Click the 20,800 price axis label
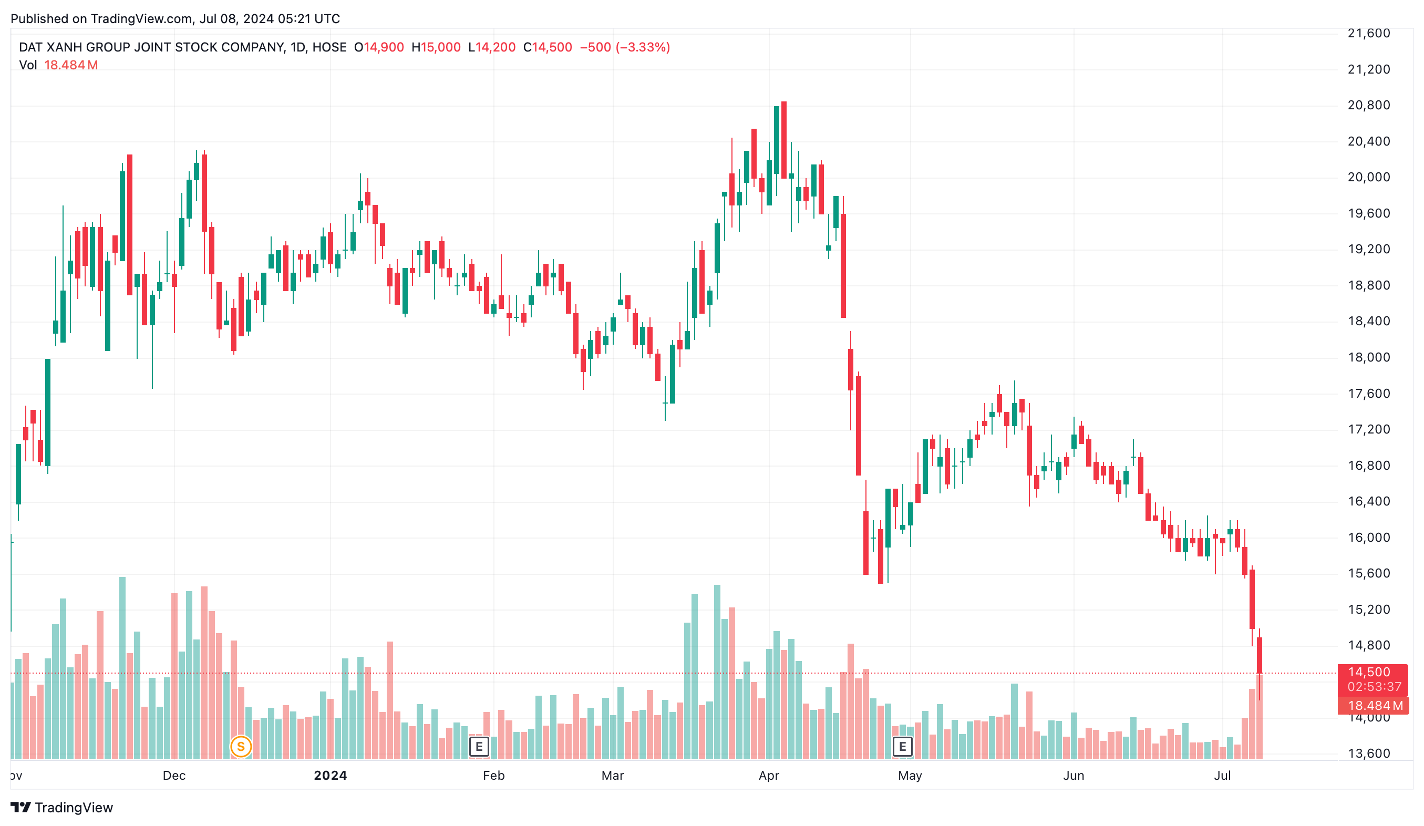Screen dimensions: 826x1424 (x=1369, y=105)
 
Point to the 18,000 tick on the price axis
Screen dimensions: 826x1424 (x=1369, y=357)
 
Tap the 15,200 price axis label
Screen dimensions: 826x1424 (x=1369, y=609)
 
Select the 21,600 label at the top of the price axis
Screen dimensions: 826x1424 (x=1369, y=33)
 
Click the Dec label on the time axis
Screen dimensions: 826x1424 (x=174, y=775)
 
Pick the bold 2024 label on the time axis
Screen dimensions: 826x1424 (x=331, y=775)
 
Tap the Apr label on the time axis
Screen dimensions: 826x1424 (x=769, y=775)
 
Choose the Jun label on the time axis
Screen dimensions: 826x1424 (x=1073, y=775)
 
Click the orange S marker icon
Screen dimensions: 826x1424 (x=241, y=747)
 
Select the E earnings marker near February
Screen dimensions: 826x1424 (x=479, y=747)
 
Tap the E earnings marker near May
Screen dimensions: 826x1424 (x=902, y=747)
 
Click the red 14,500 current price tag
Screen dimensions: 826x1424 (x=1369, y=672)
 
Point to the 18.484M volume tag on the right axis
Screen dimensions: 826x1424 (x=1375, y=705)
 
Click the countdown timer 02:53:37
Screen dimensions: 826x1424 (x=1374, y=686)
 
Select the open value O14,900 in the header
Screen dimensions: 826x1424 (x=379, y=47)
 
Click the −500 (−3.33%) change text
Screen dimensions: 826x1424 (x=624, y=47)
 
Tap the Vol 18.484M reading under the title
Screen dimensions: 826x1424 (x=59, y=65)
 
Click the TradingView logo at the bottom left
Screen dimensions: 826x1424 (x=61, y=808)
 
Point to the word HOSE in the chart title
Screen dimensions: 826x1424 (x=329, y=47)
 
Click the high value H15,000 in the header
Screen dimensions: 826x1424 (x=436, y=47)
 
